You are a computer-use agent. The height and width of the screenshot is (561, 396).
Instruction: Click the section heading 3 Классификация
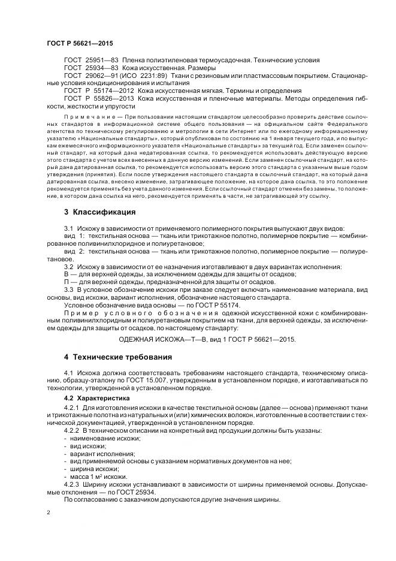[x=99, y=212]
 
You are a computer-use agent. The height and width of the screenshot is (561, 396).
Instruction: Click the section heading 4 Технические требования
[x=118, y=357]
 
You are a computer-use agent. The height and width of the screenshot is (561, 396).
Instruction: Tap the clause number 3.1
[x=68, y=229]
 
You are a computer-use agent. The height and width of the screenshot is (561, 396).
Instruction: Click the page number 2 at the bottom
[x=49, y=513]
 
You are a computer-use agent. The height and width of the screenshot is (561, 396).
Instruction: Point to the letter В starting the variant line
[x=66, y=274]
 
